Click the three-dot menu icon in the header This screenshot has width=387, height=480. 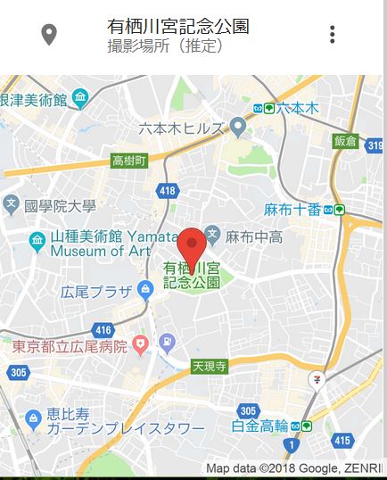333,35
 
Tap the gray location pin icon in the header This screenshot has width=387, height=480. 50,35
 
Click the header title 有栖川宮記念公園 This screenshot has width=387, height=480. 177,26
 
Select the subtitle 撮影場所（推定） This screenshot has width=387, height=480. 165,46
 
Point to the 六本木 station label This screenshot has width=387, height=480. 297,108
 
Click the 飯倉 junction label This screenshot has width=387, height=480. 346,140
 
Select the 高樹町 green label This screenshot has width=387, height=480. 131,161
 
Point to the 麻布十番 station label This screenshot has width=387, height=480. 292,211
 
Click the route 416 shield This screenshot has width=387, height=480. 103,329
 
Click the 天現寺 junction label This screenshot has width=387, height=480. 210,366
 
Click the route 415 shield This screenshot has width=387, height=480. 341,440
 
